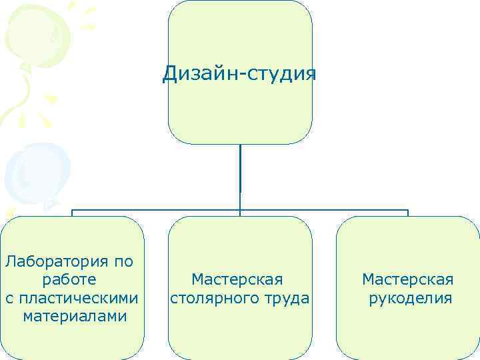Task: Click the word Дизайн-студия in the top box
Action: point(239,72)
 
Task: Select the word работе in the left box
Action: point(69,279)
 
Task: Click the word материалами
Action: point(74,315)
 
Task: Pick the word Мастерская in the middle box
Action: point(237,279)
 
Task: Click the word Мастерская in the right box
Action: point(408,279)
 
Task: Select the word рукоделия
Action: point(410,297)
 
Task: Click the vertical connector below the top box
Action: point(240,173)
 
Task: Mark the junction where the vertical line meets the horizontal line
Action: point(240,210)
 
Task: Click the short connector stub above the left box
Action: point(72,213)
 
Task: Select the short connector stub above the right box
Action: point(408,213)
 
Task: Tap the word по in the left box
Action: point(124,261)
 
